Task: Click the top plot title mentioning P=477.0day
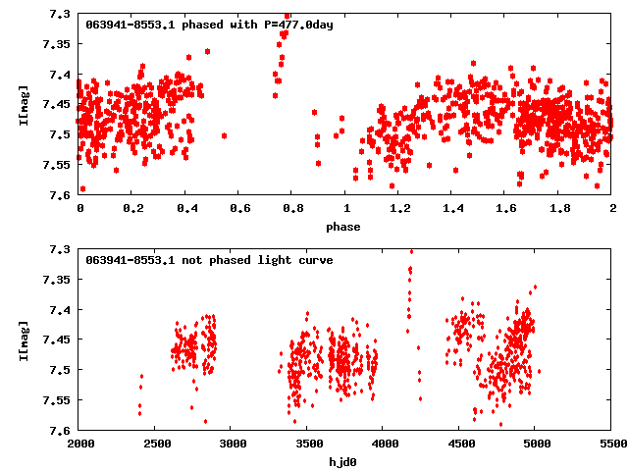click(x=209, y=24)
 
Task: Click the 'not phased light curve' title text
click(x=209, y=260)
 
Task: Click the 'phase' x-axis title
click(x=344, y=227)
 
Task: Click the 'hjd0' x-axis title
click(x=344, y=462)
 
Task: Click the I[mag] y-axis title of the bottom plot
click(x=24, y=340)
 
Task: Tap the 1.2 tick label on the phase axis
click(x=398, y=208)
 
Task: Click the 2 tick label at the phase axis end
click(x=612, y=208)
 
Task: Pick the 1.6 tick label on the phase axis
click(x=505, y=208)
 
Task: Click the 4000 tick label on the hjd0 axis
click(x=383, y=445)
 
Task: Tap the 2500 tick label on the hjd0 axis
click(x=155, y=445)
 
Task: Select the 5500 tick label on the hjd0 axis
click(x=611, y=445)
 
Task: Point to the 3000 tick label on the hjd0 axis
click(x=232, y=445)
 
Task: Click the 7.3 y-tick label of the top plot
click(x=59, y=14)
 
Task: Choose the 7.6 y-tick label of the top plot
click(x=59, y=195)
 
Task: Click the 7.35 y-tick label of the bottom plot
click(x=56, y=281)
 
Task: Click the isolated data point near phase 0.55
click(x=225, y=135)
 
